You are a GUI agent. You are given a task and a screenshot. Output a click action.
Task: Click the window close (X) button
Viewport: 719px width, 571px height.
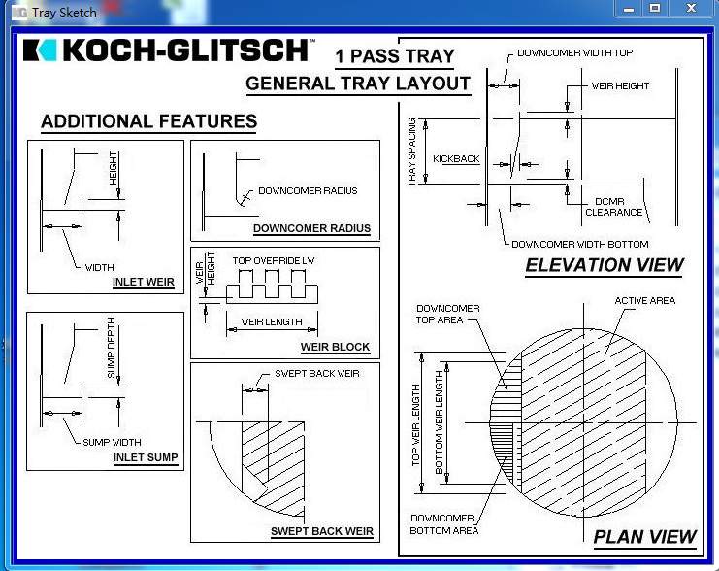click(x=690, y=9)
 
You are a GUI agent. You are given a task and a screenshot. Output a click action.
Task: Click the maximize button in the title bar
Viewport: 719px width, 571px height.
click(x=655, y=9)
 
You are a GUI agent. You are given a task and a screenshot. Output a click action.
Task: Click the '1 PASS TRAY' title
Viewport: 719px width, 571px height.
click(x=394, y=56)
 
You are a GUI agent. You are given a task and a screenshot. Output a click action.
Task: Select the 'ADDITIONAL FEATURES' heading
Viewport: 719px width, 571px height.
click(x=148, y=121)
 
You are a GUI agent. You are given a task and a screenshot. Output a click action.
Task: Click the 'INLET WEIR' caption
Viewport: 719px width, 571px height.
click(x=144, y=283)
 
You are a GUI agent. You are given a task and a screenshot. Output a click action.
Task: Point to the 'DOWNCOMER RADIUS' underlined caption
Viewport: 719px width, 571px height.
click(x=311, y=229)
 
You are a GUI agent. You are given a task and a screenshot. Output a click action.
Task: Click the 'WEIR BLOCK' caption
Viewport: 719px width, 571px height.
click(x=335, y=347)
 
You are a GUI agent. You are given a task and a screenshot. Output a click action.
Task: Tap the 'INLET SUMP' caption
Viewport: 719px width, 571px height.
click(x=146, y=457)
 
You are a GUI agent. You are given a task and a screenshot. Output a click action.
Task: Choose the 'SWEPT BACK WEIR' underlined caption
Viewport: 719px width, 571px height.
click(x=321, y=531)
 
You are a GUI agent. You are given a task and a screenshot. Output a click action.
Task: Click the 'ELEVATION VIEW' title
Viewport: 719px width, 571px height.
click(x=604, y=265)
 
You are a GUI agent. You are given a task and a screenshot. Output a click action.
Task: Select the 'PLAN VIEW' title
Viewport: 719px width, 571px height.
click(x=644, y=536)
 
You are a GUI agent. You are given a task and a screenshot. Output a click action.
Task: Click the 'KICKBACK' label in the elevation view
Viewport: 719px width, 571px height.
click(x=456, y=158)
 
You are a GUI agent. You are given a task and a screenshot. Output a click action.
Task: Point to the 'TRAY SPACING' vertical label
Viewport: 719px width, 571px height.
click(x=412, y=152)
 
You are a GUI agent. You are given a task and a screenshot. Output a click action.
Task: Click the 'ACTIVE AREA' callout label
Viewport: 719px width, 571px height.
click(x=644, y=301)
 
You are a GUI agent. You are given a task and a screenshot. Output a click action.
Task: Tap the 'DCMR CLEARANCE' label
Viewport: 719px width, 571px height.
click(x=614, y=207)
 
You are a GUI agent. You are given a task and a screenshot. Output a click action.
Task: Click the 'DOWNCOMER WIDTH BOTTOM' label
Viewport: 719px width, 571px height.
click(x=579, y=244)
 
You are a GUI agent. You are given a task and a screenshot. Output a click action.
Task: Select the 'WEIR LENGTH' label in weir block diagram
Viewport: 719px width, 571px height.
click(x=273, y=322)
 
